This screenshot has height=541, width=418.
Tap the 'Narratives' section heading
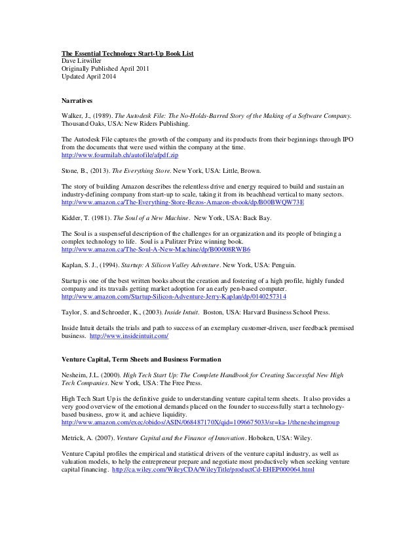pyautogui.click(x=77, y=102)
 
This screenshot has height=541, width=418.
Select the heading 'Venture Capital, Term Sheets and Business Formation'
pyautogui.click(x=141, y=360)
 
